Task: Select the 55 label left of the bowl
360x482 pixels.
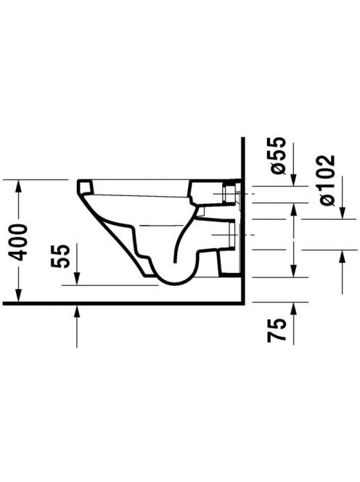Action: point(59,256)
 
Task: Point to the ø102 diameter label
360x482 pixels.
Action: point(326,180)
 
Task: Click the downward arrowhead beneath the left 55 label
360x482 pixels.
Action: point(77,279)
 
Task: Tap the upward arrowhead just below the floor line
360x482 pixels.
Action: point(77,311)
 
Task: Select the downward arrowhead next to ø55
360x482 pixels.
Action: point(294,179)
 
